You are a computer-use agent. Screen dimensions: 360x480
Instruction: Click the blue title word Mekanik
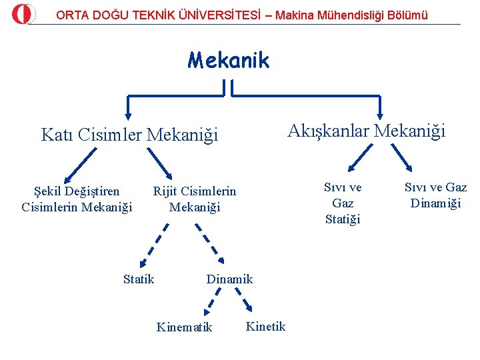click(228, 61)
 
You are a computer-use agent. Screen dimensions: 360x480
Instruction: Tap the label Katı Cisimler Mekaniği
click(129, 135)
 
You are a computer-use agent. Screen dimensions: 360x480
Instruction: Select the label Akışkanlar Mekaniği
click(366, 131)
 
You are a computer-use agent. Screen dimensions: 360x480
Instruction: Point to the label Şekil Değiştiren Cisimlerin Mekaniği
click(77, 199)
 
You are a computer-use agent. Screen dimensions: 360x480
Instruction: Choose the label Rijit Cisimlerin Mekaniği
click(194, 199)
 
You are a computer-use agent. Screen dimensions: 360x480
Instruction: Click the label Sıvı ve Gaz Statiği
click(343, 203)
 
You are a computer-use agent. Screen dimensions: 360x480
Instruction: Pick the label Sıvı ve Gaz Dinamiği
click(435, 195)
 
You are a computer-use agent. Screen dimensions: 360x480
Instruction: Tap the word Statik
click(139, 279)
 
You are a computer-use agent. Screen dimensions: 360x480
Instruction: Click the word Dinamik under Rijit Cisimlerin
click(229, 279)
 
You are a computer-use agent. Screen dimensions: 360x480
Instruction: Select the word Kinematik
click(184, 327)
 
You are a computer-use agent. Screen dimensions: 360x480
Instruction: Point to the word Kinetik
click(265, 326)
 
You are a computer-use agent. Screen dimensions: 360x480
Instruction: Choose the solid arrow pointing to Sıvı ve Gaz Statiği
click(360, 159)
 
